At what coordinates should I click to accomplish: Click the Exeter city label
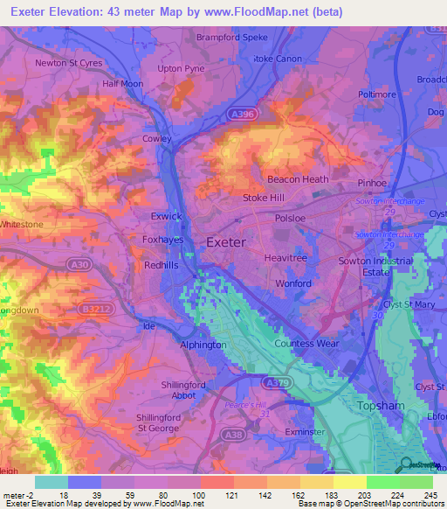225,241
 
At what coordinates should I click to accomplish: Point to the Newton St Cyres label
69,63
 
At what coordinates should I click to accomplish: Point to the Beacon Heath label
298,179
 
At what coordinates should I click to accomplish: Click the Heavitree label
287,258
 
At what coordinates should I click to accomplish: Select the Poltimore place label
377,94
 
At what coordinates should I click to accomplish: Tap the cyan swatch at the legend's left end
52,482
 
